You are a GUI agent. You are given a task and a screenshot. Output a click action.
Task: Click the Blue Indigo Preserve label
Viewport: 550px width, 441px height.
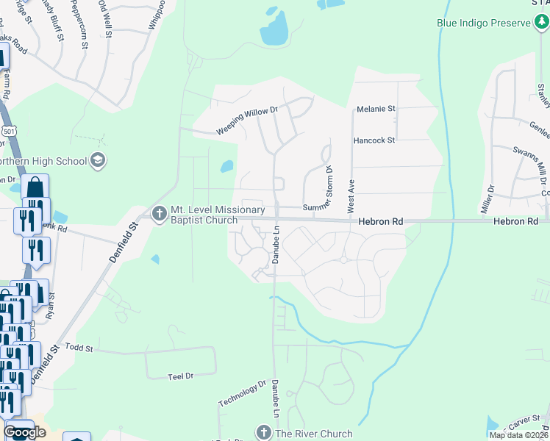click(484, 24)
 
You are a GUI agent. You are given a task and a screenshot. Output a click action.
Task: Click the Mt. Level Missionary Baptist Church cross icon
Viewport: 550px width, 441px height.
click(159, 214)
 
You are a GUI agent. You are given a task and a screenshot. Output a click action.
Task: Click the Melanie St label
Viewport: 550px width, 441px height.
click(376, 109)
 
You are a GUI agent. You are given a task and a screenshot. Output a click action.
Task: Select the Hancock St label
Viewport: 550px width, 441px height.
click(374, 140)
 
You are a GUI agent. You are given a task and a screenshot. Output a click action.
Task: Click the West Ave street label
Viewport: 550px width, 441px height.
click(351, 192)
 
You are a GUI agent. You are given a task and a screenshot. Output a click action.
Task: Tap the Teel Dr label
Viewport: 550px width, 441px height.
click(180, 376)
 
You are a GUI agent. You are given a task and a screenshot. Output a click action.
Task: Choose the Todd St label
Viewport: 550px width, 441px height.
click(79, 346)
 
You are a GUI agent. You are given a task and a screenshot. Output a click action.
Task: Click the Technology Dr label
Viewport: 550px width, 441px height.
click(242, 393)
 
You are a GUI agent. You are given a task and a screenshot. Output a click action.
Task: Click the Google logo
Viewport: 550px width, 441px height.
click(25, 431)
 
